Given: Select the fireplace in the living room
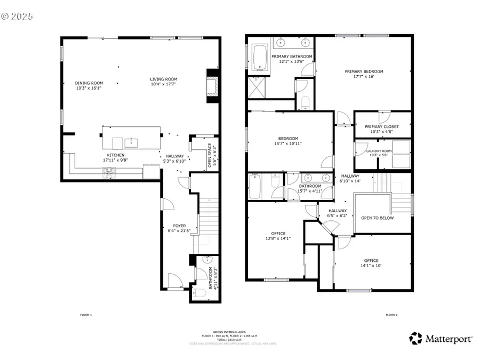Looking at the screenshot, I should pos(213,85).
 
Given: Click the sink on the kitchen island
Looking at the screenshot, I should pos(131,142).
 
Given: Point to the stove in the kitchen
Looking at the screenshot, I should pos(109,171).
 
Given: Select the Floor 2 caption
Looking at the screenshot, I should pos(391,315).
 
